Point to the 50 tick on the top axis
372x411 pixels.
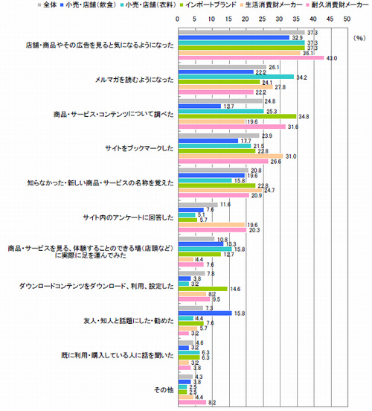tap(347, 16)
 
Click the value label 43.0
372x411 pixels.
tap(333, 58)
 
